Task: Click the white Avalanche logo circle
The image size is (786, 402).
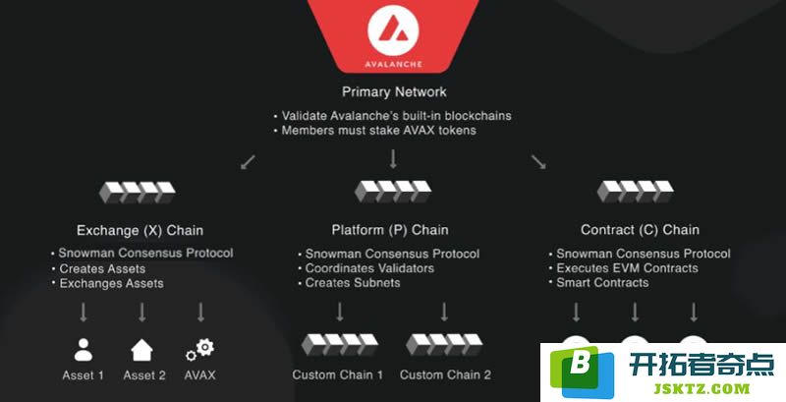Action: coord(393,30)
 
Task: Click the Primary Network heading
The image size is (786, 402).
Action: coord(394,91)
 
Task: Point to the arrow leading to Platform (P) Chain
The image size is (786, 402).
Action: coord(393,159)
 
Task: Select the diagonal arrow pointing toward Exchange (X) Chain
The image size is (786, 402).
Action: coord(248,162)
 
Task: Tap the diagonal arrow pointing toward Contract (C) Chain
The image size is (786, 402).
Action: coord(538,161)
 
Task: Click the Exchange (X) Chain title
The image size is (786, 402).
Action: coord(140,230)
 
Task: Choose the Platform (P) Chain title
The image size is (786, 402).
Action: coord(390,230)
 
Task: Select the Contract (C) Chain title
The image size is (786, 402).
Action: coord(640,230)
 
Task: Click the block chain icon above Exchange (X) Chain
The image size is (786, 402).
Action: coord(138,193)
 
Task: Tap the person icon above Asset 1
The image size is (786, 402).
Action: coord(84,350)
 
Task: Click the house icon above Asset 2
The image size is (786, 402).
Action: coord(141,350)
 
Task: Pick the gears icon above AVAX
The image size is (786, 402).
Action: coord(200,349)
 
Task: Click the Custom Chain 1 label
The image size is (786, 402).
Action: coord(337,374)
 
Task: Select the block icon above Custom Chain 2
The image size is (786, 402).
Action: coord(444,345)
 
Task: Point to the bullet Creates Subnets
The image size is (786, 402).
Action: coord(350,283)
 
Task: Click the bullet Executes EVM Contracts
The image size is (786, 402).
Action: coord(623,268)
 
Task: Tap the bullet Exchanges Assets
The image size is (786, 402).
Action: coord(108,283)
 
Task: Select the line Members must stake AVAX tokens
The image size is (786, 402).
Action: coord(375,131)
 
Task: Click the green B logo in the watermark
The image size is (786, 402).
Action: coord(582,371)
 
